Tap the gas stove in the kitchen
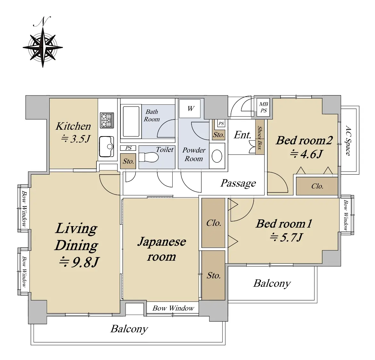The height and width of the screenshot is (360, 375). (x=107, y=120)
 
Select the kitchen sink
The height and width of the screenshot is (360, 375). (x=106, y=146)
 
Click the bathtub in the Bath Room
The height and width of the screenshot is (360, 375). (x=131, y=121)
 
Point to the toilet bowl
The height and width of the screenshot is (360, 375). (x=148, y=157)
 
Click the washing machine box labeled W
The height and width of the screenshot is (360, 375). (x=190, y=108)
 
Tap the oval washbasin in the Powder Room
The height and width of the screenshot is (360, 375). (x=217, y=156)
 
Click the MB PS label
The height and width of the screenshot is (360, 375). (x=263, y=107)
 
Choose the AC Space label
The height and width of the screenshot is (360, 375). (x=348, y=140)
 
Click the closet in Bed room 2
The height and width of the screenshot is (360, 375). (x=317, y=186)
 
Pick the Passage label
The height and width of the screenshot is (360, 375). (x=238, y=184)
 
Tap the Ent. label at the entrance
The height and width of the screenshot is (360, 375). (x=242, y=135)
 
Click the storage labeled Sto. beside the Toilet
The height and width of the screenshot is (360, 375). (x=128, y=161)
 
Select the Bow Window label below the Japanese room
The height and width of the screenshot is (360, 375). (x=173, y=308)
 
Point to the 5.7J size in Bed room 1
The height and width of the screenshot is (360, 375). (x=286, y=237)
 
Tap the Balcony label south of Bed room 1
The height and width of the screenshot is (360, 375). (x=272, y=283)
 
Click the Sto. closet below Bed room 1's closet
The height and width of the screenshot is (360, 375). (x=213, y=275)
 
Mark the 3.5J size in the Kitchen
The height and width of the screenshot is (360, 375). (x=76, y=138)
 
